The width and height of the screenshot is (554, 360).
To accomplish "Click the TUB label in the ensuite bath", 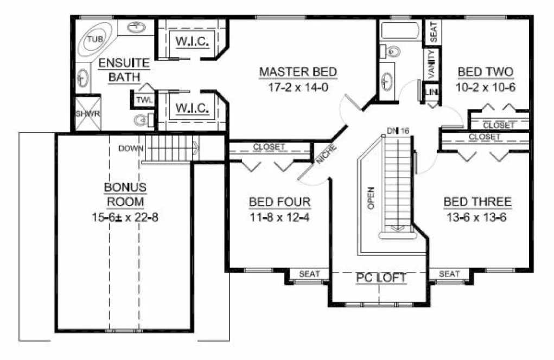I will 95,39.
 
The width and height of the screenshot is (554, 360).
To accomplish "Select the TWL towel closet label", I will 144,100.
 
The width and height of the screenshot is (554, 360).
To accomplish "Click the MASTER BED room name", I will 298,72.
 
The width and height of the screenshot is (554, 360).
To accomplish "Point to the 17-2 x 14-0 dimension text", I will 298,87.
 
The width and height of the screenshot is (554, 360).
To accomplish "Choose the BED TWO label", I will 486,72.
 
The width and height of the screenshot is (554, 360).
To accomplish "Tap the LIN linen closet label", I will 432,93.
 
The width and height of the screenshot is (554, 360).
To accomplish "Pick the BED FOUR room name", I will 279,202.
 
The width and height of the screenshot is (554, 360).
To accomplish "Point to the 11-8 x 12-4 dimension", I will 279,217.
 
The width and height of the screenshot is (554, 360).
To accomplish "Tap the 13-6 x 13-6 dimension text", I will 477,217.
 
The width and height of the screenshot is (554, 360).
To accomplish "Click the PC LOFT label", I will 381,278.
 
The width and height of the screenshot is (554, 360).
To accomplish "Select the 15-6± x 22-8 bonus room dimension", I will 125,217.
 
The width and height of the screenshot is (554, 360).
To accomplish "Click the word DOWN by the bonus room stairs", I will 130,148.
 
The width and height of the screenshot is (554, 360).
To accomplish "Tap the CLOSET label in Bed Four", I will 269,147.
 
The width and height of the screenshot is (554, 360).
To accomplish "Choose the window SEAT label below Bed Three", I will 449,274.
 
